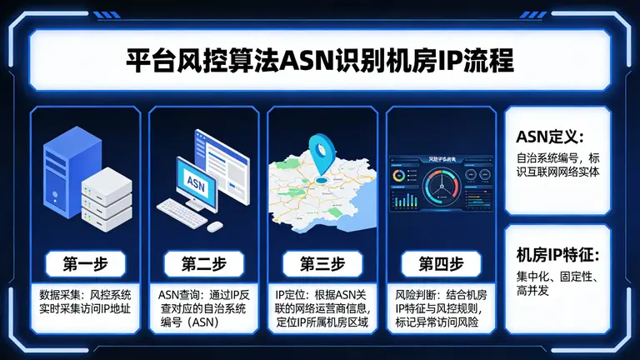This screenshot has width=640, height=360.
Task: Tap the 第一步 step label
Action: pos(84,264)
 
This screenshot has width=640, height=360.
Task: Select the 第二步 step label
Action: pos(203,264)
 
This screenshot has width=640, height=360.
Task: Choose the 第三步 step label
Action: pos(322,264)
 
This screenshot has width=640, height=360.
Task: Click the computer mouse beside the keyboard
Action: pos(215,226)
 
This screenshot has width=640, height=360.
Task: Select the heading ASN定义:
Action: pos(549,137)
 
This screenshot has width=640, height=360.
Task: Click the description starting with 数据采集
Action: pos(86,303)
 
